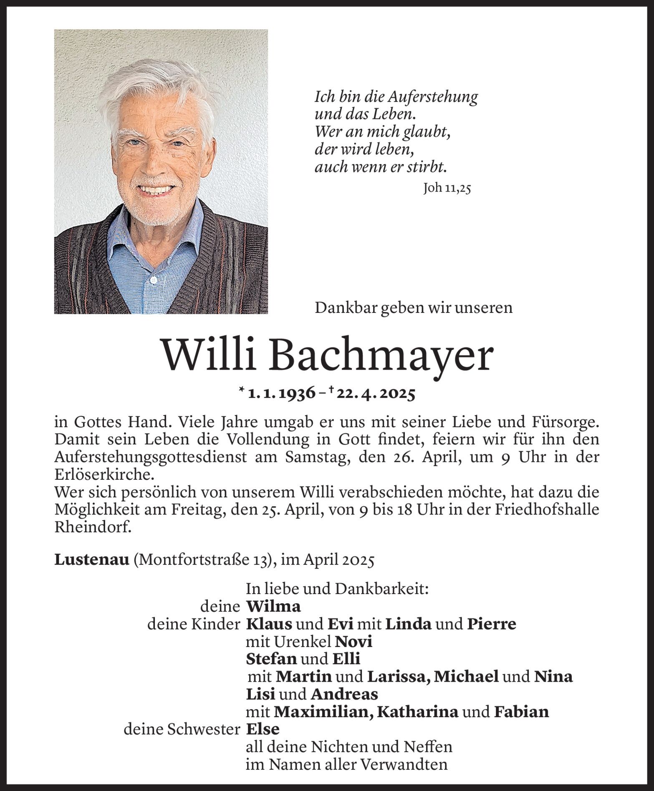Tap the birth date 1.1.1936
click(281, 394)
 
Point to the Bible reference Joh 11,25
click(447, 189)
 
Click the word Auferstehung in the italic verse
click(433, 97)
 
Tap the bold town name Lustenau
click(91, 560)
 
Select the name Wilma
click(273, 606)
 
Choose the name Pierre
click(491, 624)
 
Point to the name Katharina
click(418, 711)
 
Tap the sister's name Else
click(263, 729)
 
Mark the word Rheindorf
click(93, 527)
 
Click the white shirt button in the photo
click(154, 279)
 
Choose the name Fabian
click(521, 711)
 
